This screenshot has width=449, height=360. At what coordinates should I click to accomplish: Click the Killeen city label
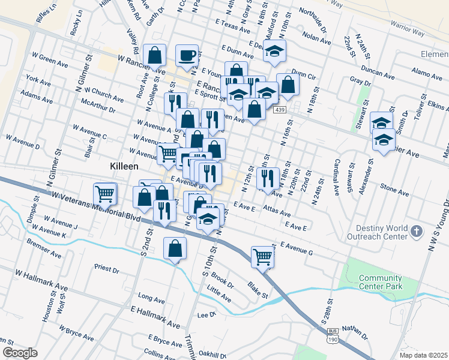(x=124, y=166)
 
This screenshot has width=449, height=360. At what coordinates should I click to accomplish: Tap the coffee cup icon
(x=187, y=56)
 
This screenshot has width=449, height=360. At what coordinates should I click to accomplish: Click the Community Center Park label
(x=380, y=282)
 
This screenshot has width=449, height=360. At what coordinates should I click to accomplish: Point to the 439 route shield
(x=279, y=110)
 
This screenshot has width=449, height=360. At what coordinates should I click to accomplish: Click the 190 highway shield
(x=332, y=340)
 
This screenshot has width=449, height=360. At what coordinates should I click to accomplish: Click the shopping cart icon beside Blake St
(x=262, y=257)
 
